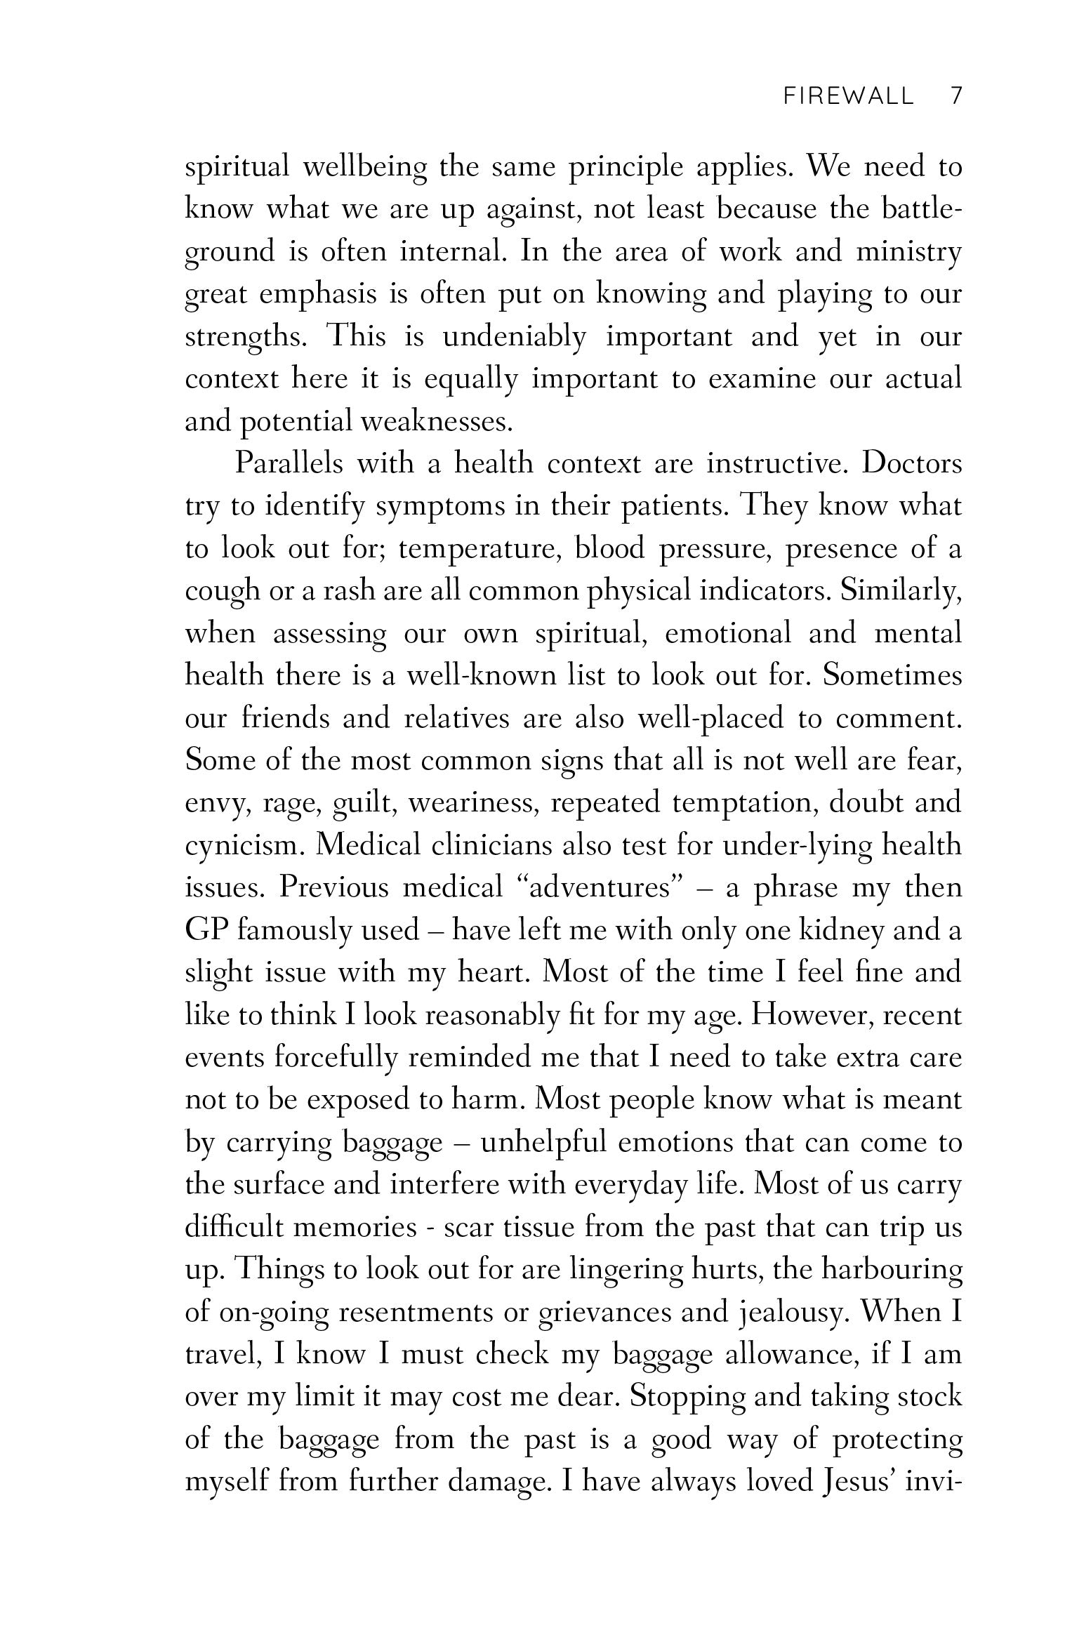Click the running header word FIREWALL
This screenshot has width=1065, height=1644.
click(848, 96)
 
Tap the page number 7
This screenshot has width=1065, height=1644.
click(955, 96)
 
